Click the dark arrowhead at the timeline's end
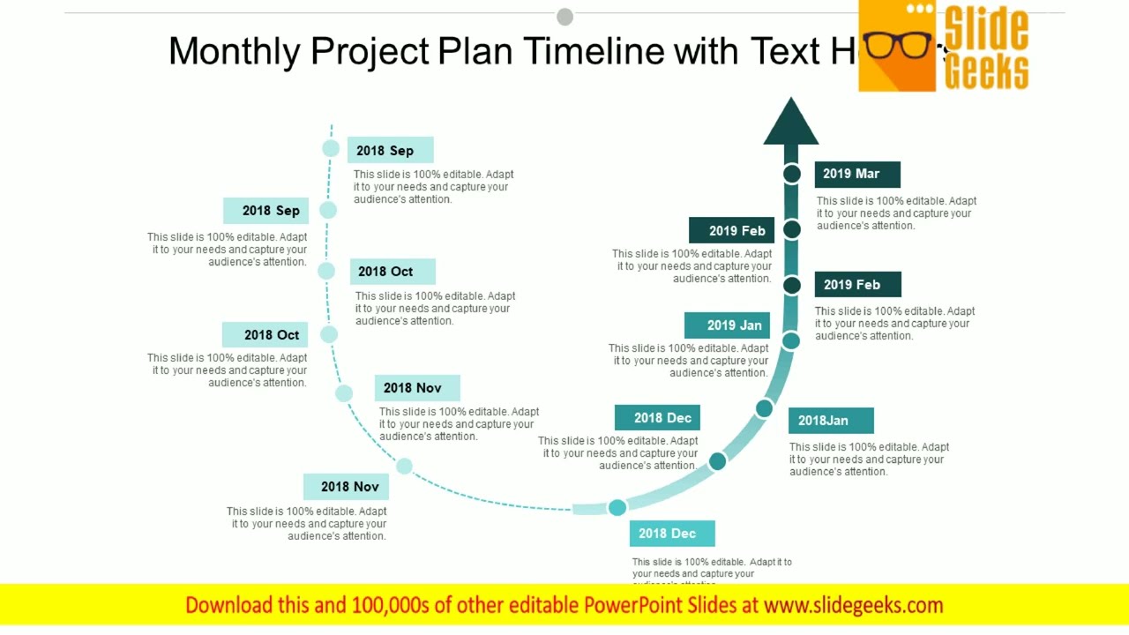click(791, 123)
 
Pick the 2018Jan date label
click(830, 421)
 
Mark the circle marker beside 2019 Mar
click(792, 174)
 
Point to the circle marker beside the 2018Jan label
click(765, 408)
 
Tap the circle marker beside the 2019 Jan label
click(791, 340)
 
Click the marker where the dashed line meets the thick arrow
click(617, 507)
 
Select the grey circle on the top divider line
click(565, 17)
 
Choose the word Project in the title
click(370, 51)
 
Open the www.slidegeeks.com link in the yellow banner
click(853, 605)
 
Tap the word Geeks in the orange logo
click(986, 71)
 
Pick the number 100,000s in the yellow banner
click(387, 605)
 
